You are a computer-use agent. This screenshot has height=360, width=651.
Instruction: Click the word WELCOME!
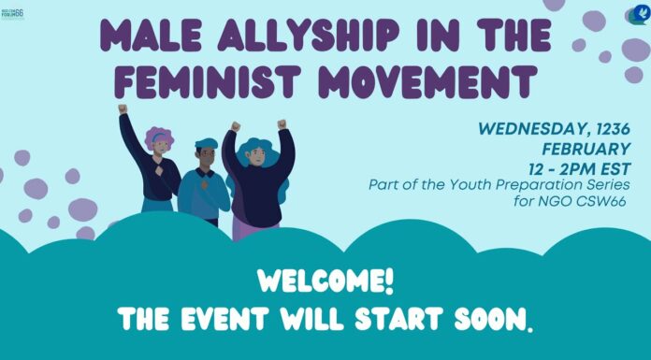[x=325, y=280]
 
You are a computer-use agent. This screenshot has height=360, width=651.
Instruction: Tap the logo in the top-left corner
[x=14, y=14]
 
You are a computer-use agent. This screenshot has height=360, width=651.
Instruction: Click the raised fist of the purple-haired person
[x=123, y=109]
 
